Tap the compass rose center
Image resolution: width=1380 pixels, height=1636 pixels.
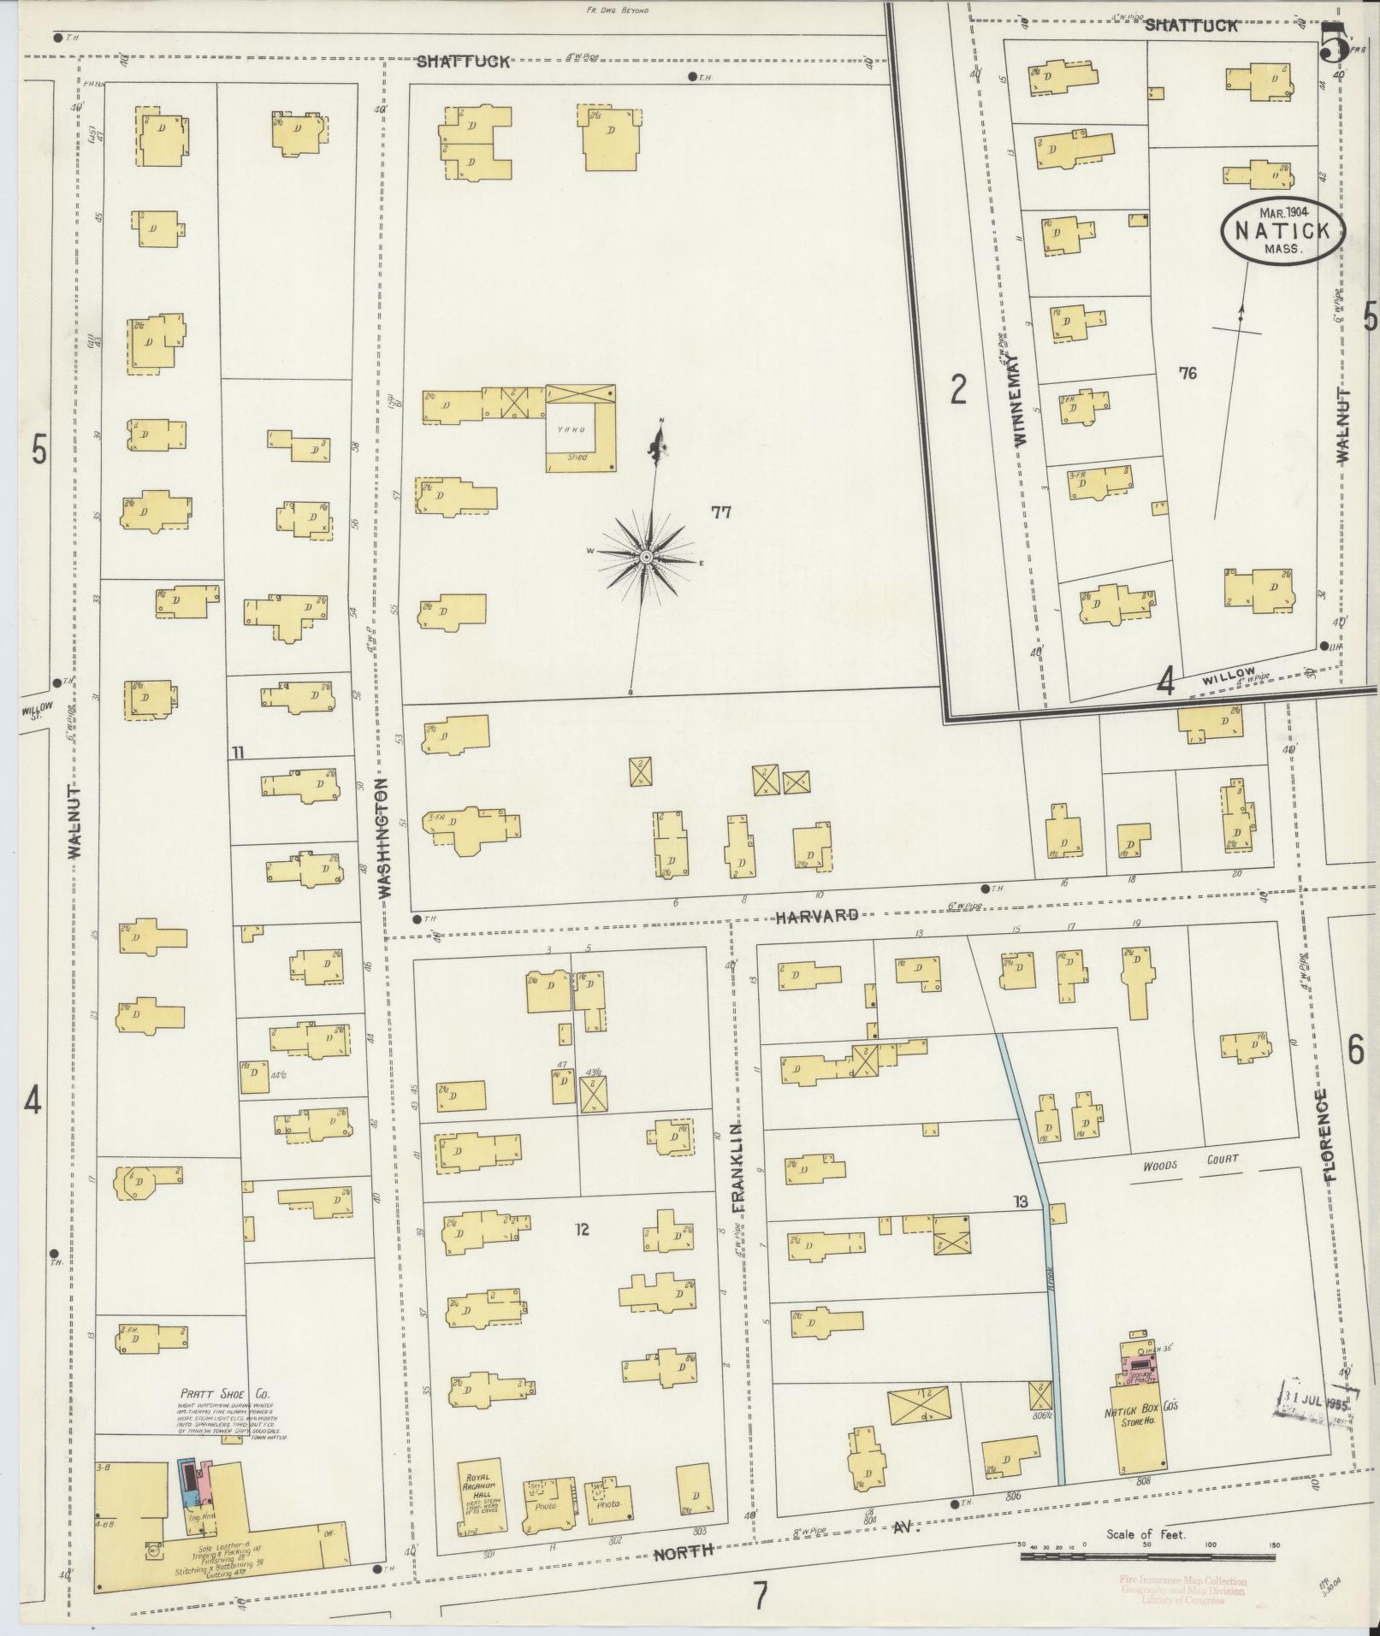[647, 558]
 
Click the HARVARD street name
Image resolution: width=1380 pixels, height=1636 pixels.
[817, 916]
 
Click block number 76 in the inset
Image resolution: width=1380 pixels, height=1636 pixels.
[1187, 373]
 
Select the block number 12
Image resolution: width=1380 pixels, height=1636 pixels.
[582, 1231]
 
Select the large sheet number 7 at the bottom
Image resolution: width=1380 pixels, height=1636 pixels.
[760, 1595]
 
